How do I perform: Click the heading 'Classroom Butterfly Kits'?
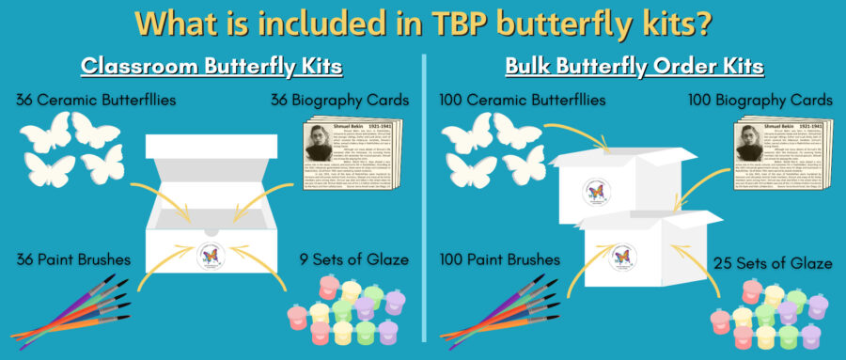click(210, 67)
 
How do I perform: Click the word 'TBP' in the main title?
click(441, 23)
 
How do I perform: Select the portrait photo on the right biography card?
click(749, 148)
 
